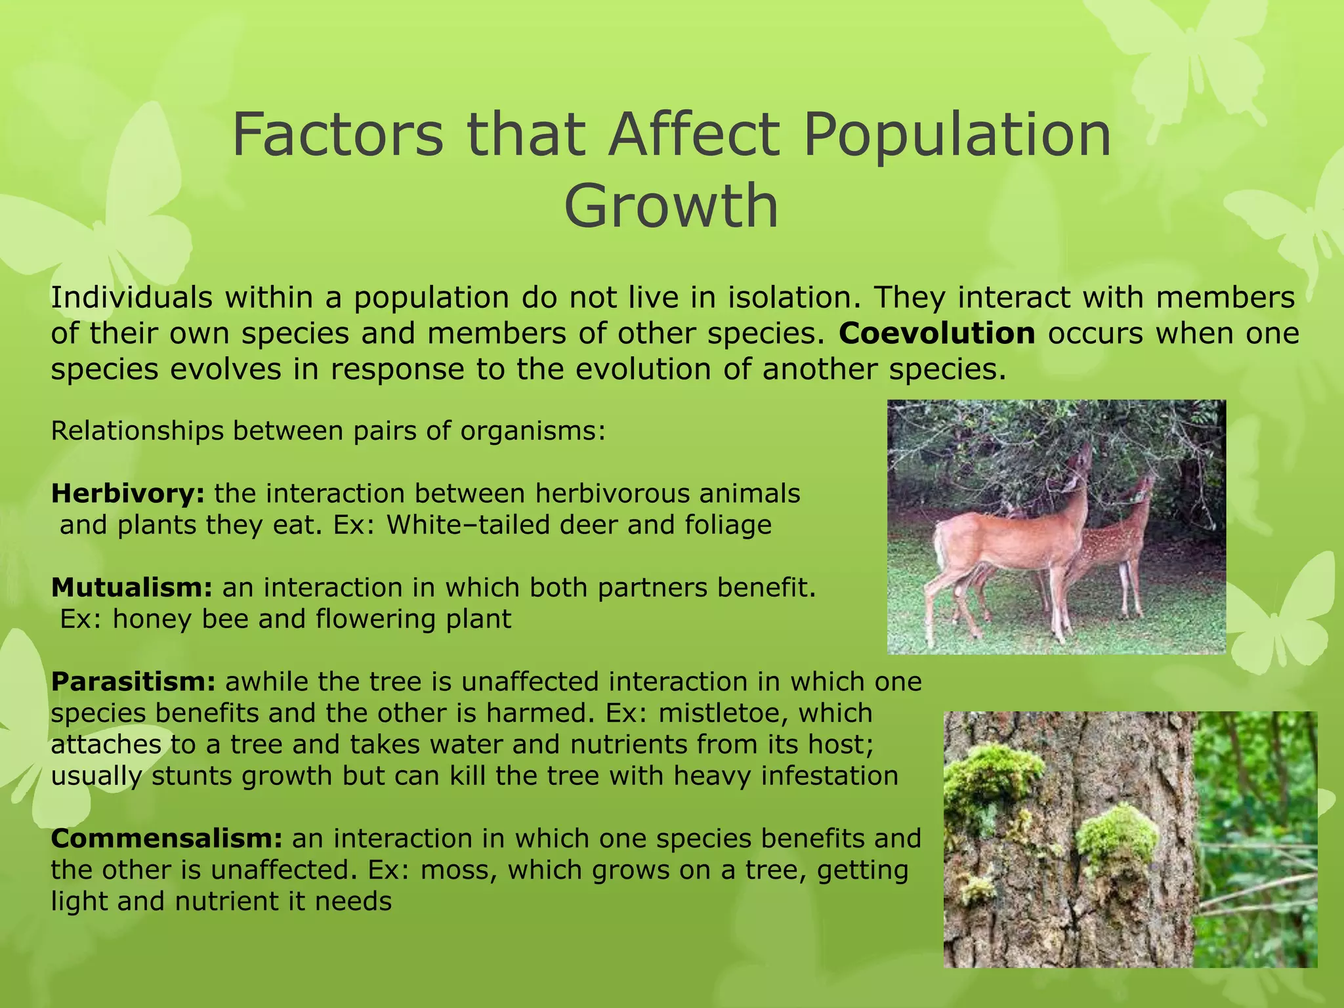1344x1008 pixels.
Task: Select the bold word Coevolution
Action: (936, 333)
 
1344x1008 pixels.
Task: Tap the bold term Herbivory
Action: (128, 493)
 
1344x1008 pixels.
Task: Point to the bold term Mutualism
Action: (131, 587)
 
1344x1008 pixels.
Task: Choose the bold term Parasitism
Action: (133, 682)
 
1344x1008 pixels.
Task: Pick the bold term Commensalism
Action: (167, 839)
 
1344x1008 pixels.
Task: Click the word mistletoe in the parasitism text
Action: (724, 713)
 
